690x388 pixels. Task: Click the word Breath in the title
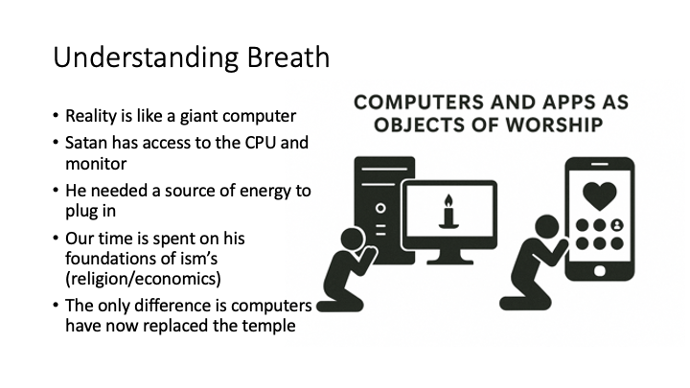[287, 57]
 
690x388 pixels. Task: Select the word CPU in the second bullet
[260, 143]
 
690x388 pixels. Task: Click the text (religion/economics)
[143, 279]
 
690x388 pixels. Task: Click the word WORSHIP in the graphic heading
[554, 125]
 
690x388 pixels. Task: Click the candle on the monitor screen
[448, 212]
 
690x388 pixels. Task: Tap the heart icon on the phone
[599, 196]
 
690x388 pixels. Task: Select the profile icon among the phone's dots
[617, 225]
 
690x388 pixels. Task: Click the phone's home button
[599, 271]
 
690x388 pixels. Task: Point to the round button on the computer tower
[380, 208]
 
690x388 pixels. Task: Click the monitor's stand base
[449, 262]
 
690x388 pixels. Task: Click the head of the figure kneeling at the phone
[547, 227]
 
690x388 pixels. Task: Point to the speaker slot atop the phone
[599, 165]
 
